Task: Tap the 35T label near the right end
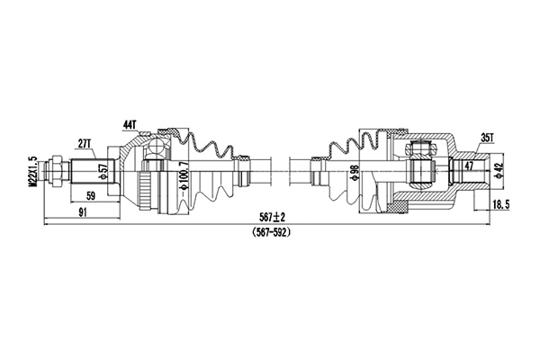coord(488,139)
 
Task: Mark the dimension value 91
coord(82,213)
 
